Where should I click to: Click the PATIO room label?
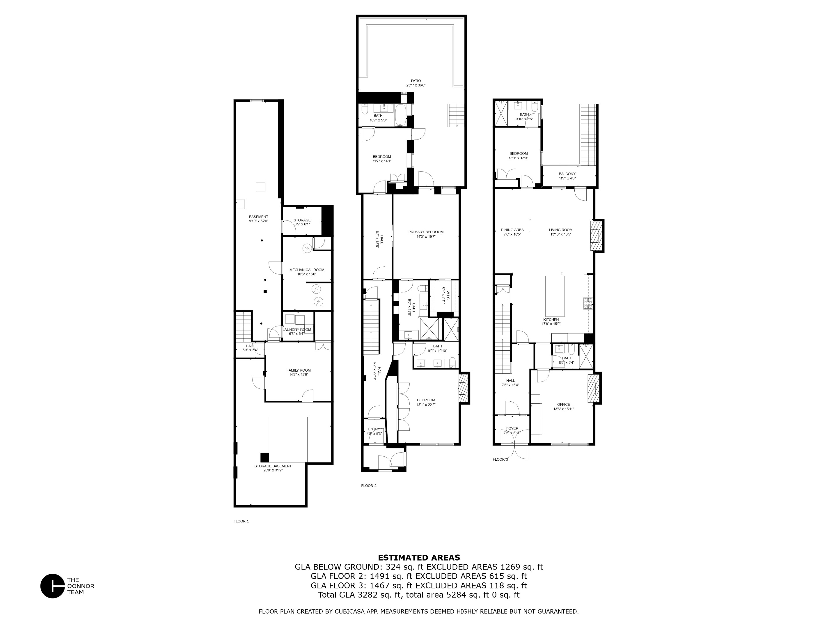pyautogui.click(x=416, y=81)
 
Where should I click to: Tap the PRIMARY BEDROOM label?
pyautogui.click(x=426, y=232)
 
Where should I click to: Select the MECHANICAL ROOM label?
pyautogui.click(x=307, y=270)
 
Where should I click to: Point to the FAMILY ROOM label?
pyautogui.click(x=299, y=370)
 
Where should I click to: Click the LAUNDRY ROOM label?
pyautogui.click(x=297, y=329)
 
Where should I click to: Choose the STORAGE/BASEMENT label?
pyautogui.click(x=273, y=466)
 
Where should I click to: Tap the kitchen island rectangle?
pyautogui.click(x=555, y=296)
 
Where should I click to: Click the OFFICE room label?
pyautogui.click(x=563, y=404)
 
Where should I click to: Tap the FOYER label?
pyautogui.click(x=512, y=428)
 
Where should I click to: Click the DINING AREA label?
pyautogui.click(x=512, y=230)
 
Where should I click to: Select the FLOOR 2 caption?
pyautogui.click(x=369, y=486)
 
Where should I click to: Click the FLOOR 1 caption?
pyautogui.click(x=241, y=521)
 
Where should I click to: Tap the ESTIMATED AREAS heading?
pyautogui.click(x=419, y=558)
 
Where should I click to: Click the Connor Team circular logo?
pyautogui.click(x=53, y=586)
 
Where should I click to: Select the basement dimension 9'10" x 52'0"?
pyautogui.click(x=258, y=221)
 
